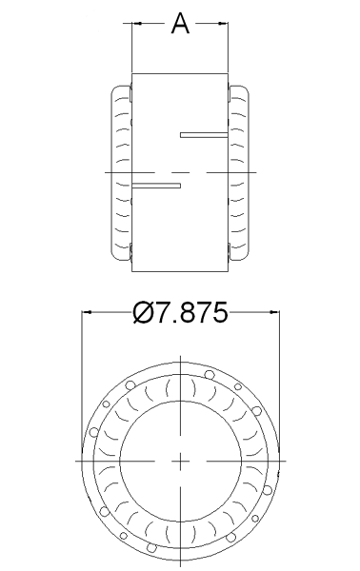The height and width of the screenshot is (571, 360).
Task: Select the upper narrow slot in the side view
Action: coord(204,135)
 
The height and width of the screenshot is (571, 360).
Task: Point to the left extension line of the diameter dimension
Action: coord(82,381)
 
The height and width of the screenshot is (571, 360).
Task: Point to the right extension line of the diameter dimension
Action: coord(281,381)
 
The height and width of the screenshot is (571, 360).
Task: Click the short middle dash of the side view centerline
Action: coord(181,172)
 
